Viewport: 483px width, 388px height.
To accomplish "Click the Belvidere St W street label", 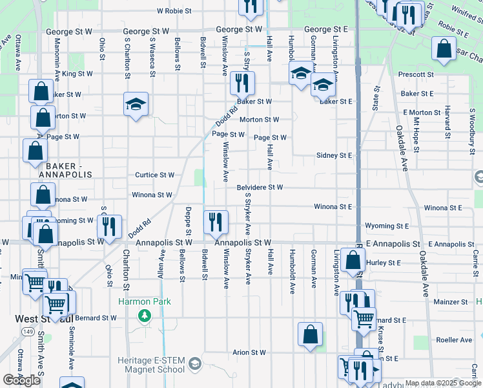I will (x=260, y=188).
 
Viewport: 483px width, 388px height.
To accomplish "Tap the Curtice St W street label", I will (x=154, y=175).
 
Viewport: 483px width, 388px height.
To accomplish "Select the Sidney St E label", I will (x=334, y=156).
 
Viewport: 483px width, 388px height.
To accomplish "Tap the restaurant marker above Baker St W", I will (x=243, y=82).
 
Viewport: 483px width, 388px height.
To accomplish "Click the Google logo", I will (x=21, y=380).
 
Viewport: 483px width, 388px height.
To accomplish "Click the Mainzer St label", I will (x=451, y=302).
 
